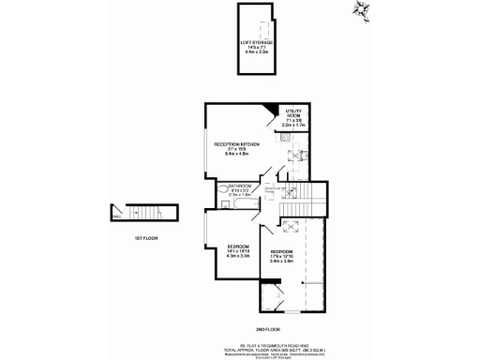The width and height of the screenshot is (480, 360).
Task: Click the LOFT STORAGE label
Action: coord(255,47)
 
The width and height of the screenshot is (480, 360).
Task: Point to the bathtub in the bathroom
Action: coord(246,202)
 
